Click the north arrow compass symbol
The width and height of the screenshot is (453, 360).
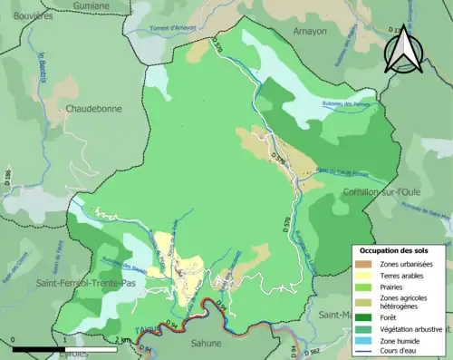(404, 51)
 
